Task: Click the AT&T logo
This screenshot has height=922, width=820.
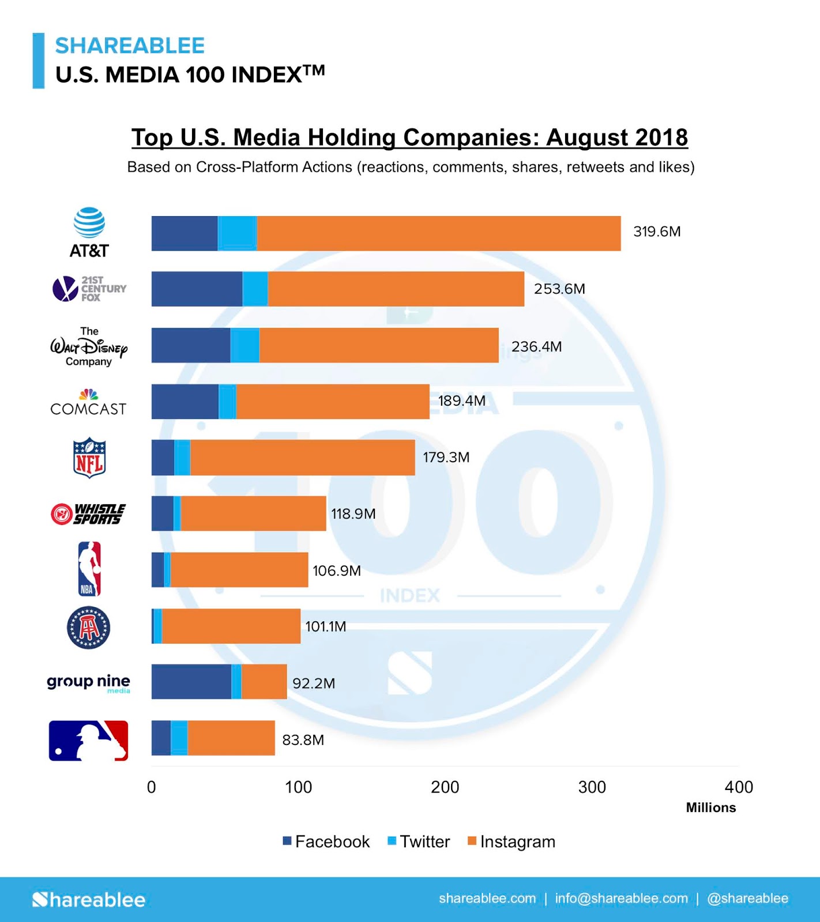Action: pos(89,232)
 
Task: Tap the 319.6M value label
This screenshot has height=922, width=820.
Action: pos(657,232)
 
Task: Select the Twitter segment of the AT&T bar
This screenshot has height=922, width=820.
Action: pos(237,233)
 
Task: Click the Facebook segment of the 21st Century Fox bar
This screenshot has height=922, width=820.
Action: pos(197,289)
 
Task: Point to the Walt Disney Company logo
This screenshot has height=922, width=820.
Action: pos(89,346)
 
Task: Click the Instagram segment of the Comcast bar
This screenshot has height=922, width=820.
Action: pos(332,402)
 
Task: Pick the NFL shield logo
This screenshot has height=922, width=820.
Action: pos(89,458)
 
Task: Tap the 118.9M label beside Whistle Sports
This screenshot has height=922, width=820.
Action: pos(353,513)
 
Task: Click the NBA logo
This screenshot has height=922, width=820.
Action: pos(89,569)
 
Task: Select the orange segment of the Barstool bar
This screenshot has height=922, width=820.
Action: pos(231,626)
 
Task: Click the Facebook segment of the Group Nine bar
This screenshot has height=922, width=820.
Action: pos(191,682)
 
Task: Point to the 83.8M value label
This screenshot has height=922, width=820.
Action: pos(303,740)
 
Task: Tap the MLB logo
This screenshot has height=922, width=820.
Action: pos(88,740)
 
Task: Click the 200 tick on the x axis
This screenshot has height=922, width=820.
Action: pos(445,787)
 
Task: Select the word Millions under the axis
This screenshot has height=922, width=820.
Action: pos(710,807)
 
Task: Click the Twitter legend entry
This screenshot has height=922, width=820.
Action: pos(419,841)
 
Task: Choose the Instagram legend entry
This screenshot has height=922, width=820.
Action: pos(511,841)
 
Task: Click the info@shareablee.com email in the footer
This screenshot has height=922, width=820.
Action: pos(621,898)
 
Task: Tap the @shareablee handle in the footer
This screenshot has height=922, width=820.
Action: pos(747,898)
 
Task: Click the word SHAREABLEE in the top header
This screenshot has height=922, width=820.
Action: pos(130,46)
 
